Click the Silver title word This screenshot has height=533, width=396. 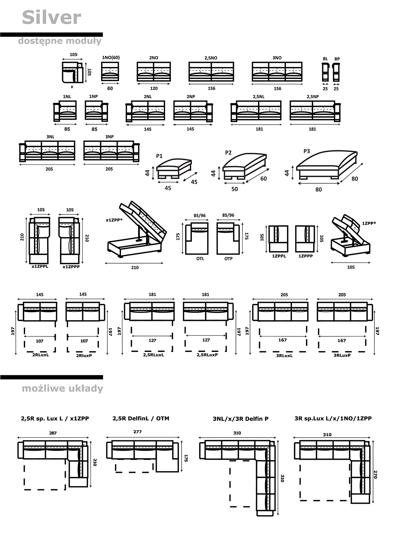pyautogui.click(x=52, y=17)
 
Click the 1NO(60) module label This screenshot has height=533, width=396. pyautogui.click(x=111, y=57)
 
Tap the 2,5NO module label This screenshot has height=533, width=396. pyautogui.click(x=211, y=58)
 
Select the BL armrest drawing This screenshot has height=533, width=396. pyautogui.click(x=325, y=72)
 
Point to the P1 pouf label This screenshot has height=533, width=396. pyautogui.click(x=159, y=156)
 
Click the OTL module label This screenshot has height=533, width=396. pyautogui.click(x=200, y=259)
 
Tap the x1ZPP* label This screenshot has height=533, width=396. pyautogui.click(x=114, y=220)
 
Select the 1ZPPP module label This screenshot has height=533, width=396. pyautogui.click(x=305, y=256)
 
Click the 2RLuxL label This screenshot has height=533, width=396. pyautogui.click(x=40, y=355)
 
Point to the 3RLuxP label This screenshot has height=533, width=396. pyautogui.click(x=342, y=355)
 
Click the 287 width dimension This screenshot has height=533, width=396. pyautogui.click(x=53, y=433)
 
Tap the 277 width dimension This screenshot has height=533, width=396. pyautogui.click(x=138, y=432)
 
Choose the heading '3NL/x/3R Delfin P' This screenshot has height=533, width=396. pyautogui.click(x=241, y=419)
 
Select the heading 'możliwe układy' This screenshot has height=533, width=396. pyautogui.click(x=62, y=388)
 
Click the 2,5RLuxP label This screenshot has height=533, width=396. pyautogui.click(x=207, y=355)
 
